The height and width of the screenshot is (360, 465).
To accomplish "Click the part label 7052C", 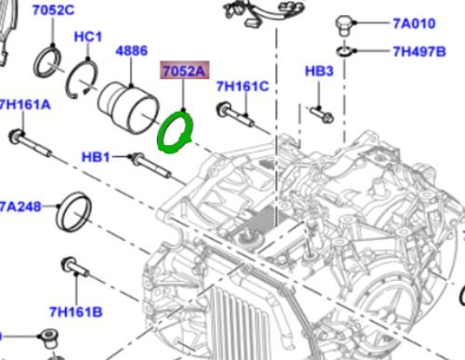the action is click(x=53, y=10).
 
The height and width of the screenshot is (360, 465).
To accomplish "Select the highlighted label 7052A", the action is click(x=184, y=71).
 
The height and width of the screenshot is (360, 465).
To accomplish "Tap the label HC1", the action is click(x=88, y=37).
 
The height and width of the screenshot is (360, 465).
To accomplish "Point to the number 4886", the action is click(x=131, y=51).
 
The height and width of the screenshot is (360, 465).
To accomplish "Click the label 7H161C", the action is click(x=243, y=87).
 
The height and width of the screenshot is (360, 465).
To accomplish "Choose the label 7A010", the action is click(x=414, y=23).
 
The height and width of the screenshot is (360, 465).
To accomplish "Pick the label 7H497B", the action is click(x=419, y=51).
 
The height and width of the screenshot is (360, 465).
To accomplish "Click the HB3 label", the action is click(x=319, y=71).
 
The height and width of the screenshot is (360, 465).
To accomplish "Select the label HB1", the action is click(x=96, y=157).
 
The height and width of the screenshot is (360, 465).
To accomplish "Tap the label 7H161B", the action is click(x=76, y=312).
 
